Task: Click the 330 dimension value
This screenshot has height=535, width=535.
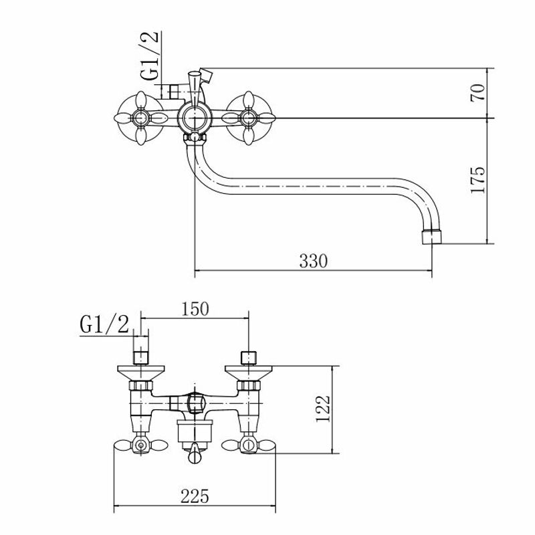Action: [x=313, y=261]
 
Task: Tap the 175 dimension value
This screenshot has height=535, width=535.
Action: [x=477, y=180]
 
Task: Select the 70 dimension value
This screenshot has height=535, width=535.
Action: [x=477, y=92]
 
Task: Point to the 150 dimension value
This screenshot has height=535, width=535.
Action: [x=195, y=309]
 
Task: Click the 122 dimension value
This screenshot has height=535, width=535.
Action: [x=323, y=409]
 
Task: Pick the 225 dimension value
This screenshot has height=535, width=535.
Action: [x=195, y=496]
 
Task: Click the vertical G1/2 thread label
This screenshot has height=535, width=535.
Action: [x=149, y=56]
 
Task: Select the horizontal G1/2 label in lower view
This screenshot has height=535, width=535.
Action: [x=104, y=324]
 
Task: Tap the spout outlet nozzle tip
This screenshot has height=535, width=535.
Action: [x=431, y=237]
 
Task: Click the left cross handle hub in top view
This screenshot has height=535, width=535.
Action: [x=140, y=118]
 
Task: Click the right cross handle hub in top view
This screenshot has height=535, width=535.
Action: [x=248, y=118]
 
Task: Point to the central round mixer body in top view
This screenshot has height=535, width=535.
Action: [x=194, y=118]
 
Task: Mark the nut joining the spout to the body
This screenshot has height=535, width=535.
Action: [x=195, y=138]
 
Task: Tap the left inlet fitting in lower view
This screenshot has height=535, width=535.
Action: [x=140, y=358]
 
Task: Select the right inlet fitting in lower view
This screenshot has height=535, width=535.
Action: [x=248, y=358]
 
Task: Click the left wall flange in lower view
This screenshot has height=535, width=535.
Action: [x=141, y=373]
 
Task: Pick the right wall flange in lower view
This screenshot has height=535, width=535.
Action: [x=249, y=373]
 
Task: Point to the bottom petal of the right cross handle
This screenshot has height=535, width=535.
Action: [x=248, y=136]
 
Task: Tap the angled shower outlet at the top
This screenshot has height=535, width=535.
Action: [x=206, y=76]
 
